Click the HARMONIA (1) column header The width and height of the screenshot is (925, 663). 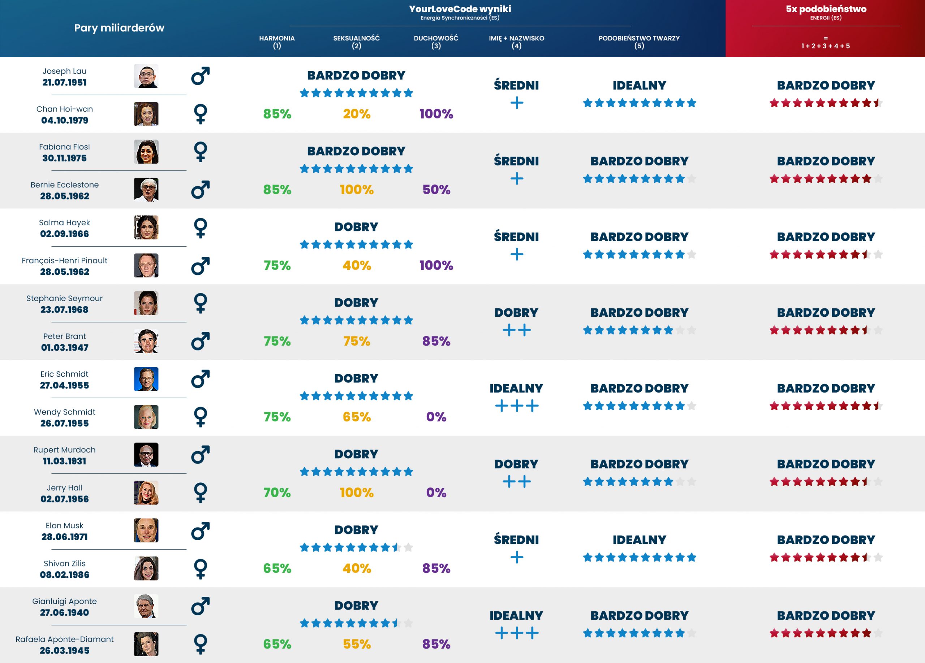click(x=276, y=42)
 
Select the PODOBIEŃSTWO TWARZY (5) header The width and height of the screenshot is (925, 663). click(x=639, y=42)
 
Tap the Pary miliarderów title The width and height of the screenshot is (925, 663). click(x=119, y=28)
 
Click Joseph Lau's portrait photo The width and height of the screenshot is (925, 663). click(x=146, y=76)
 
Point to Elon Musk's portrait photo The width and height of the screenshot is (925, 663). click(x=146, y=530)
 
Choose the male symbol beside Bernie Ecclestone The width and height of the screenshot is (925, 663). click(x=200, y=190)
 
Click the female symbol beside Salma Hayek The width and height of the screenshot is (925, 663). click(x=200, y=227)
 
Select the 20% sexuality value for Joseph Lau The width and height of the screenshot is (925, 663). click(x=357, y=114)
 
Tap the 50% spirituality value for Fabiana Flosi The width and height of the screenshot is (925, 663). click(x=436, y=190)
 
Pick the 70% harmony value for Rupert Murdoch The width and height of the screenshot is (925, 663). click(x=277, y=492)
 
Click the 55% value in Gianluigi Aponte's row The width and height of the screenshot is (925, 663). click(x=357, y=644)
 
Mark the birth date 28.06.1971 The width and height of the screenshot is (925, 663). click(x=64, y=537)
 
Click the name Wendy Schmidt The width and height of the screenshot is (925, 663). click(x=64, y=412)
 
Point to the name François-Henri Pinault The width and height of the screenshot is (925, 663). click(x=64, y=260)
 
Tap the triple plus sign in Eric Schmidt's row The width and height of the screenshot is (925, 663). click(x=516, y=406)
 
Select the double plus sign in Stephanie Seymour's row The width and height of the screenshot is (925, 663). click(x=516, y=330)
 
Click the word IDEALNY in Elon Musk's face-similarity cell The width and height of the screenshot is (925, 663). click(x=639, y=539)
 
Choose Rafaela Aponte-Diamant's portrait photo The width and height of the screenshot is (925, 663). click(x=146, y=644)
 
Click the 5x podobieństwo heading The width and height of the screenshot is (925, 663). click(x=826, y=9)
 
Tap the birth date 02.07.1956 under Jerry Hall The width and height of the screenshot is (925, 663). click(x=64, y=499)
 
